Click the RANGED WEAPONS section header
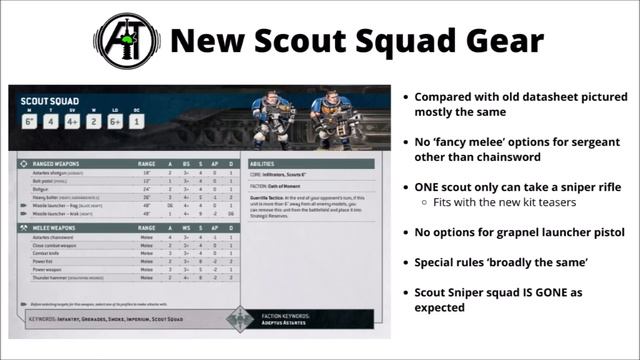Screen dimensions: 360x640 click(60, 163)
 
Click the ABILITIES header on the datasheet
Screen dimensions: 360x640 click(262, 163)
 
